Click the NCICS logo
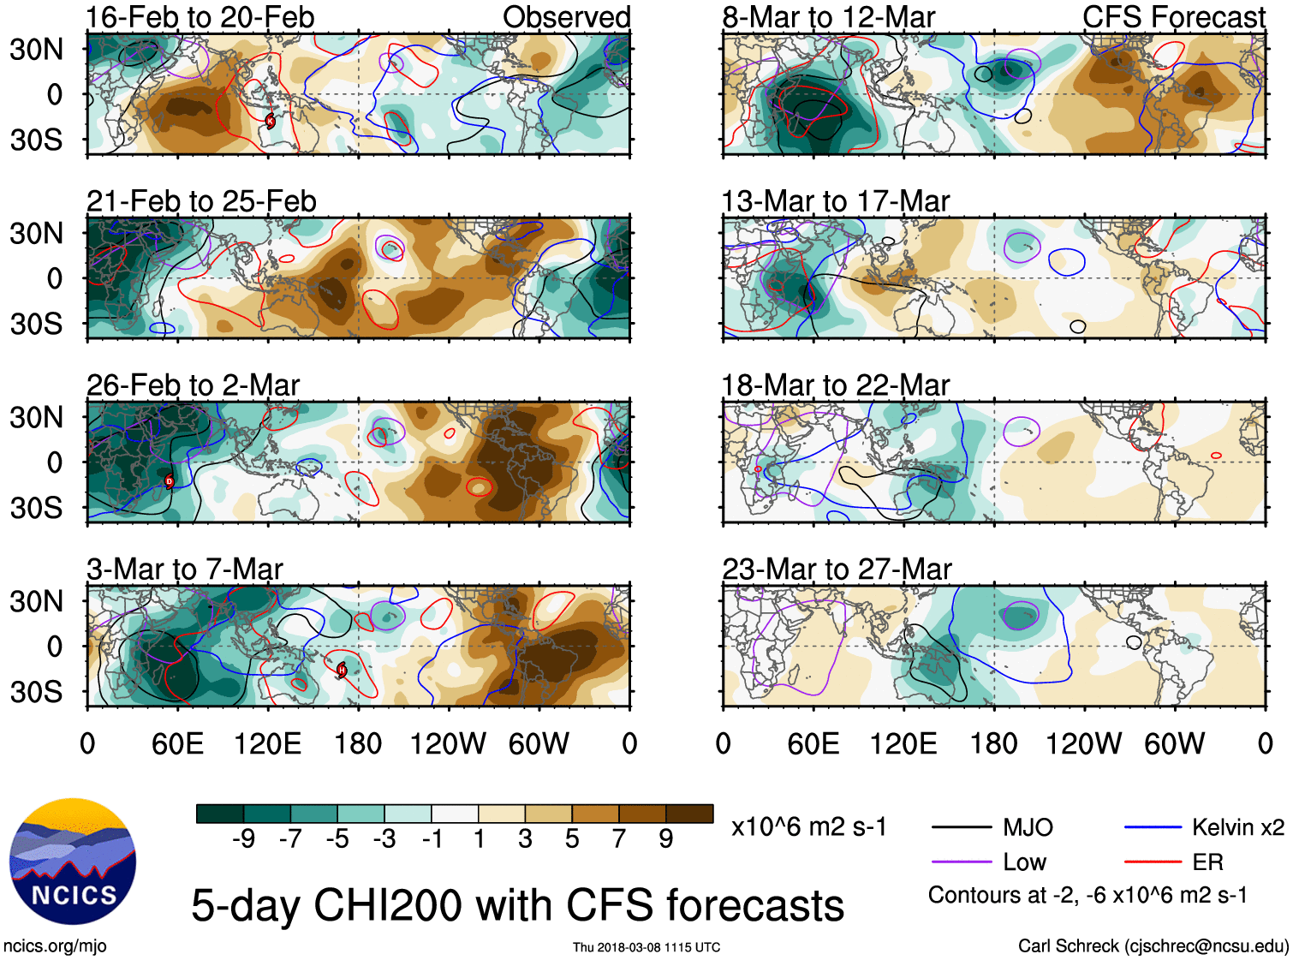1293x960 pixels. (73, 861)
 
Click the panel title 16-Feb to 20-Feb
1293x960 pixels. (200, 17)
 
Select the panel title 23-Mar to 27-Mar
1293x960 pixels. (837, 569)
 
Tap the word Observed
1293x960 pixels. (566, 17)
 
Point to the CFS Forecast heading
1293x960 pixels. (1173, 17)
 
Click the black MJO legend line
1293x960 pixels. (962, 827)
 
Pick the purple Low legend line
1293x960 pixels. (962, 862)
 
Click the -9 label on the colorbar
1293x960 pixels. (243, 838)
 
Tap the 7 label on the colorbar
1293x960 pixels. (619, 838)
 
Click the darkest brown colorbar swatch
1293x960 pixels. (689, 814)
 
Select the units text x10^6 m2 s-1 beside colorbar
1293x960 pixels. (808, 827)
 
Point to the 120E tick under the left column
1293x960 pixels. (267, 743)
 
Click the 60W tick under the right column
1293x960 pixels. (1174, 743)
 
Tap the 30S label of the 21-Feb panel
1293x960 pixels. (36, 324)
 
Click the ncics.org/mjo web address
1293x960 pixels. (55, 945)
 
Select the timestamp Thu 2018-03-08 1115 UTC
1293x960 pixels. (646, 947)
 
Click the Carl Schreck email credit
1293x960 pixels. (1153, 945)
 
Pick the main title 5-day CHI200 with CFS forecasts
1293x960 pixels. (517, 905)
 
